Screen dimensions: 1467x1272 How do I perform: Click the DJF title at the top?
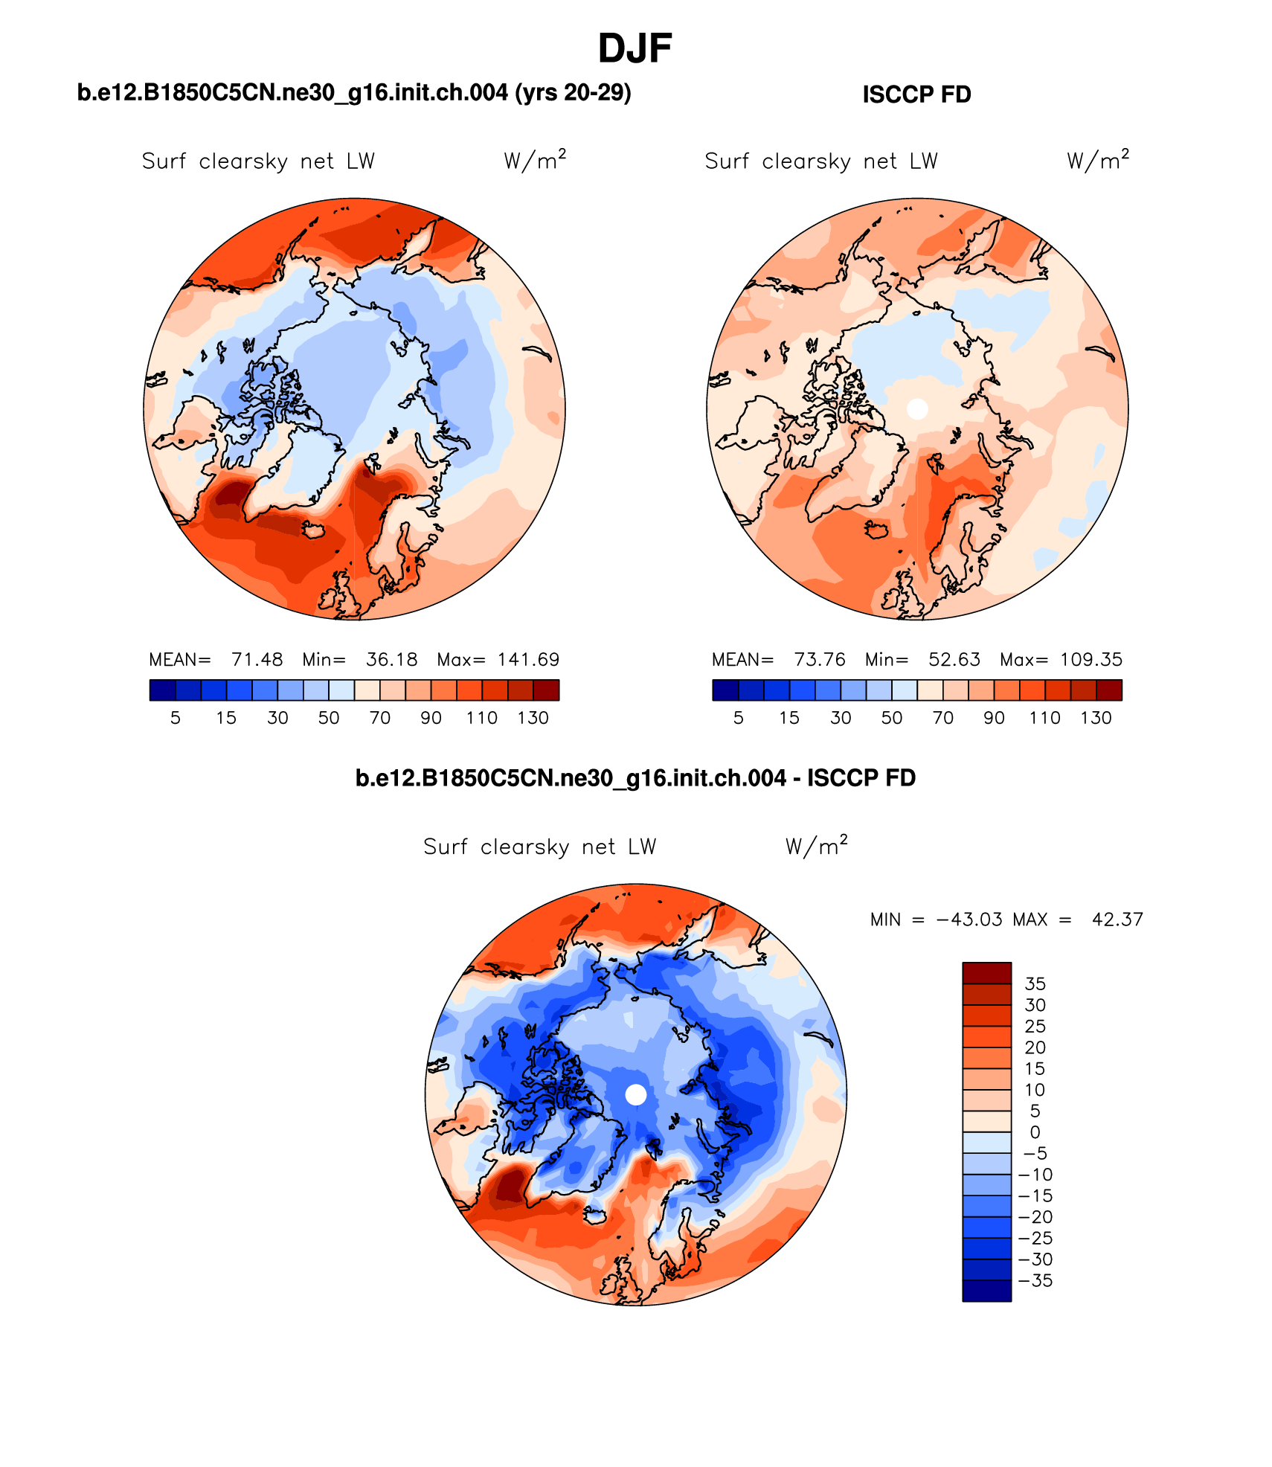coord(635,49)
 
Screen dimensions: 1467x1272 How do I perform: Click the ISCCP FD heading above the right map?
coord(916,95)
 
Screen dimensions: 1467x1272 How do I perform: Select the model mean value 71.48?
coord(257,660)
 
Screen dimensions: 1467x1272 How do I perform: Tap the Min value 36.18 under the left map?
coord(391,660)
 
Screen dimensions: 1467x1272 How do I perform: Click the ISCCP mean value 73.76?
coord(820,660)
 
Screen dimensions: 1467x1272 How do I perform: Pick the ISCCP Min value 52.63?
coord(954,660)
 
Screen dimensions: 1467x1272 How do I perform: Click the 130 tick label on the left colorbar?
coord(533,718)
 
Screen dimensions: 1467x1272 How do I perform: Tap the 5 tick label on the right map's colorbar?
coord(738,718)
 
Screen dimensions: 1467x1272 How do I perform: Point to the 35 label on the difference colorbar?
coord(1035,983)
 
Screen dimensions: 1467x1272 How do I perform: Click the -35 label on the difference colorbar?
coord(1035,1280)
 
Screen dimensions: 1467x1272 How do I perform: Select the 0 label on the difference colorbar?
coord(1035,1132)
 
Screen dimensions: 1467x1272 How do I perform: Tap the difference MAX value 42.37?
coord(1117,919)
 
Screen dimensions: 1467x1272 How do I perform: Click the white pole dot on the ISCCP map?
coord(917,408)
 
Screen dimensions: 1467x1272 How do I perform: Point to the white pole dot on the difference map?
coord(636,1094)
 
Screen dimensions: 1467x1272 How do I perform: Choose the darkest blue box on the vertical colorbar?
coord(986,1291)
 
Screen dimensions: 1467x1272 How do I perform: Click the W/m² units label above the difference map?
coord(816,847)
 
